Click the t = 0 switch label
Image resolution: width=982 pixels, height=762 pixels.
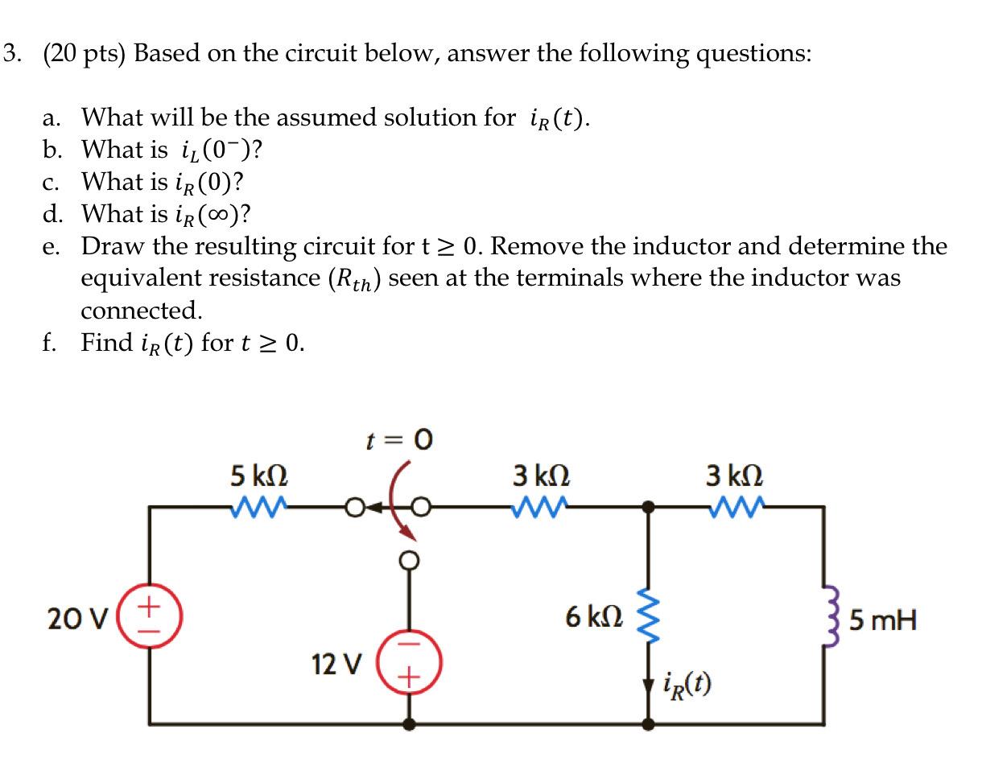tap(399, 440)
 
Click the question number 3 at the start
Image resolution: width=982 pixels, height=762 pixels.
tap(10, 53)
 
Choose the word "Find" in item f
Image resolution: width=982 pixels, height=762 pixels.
tap(107, 343)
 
